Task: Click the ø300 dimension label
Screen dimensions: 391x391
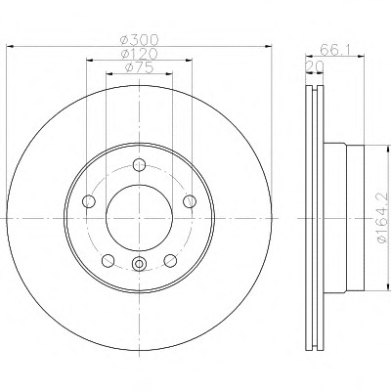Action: pyautogui.click(x=139, y=40)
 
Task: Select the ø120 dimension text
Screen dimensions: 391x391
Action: pyautogui.click(x=139, y=54)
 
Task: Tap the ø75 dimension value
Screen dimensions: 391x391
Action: pyautogui.click(x=139, y=67)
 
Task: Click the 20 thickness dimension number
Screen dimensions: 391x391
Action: pyautogui.click(x=315, y=66)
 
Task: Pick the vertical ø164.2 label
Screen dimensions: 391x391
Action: pyautogui.click(x=382, y=218)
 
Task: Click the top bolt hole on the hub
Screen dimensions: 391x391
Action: pyautogui.click(x=139, y=164)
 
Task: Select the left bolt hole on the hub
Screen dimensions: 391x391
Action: pyautogui.click(x=89, y=201)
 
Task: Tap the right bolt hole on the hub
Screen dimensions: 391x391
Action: pyautogui.click(x=190, y=201)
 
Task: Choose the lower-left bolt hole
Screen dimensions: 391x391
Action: pyautogui.click(x=109, y=260)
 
